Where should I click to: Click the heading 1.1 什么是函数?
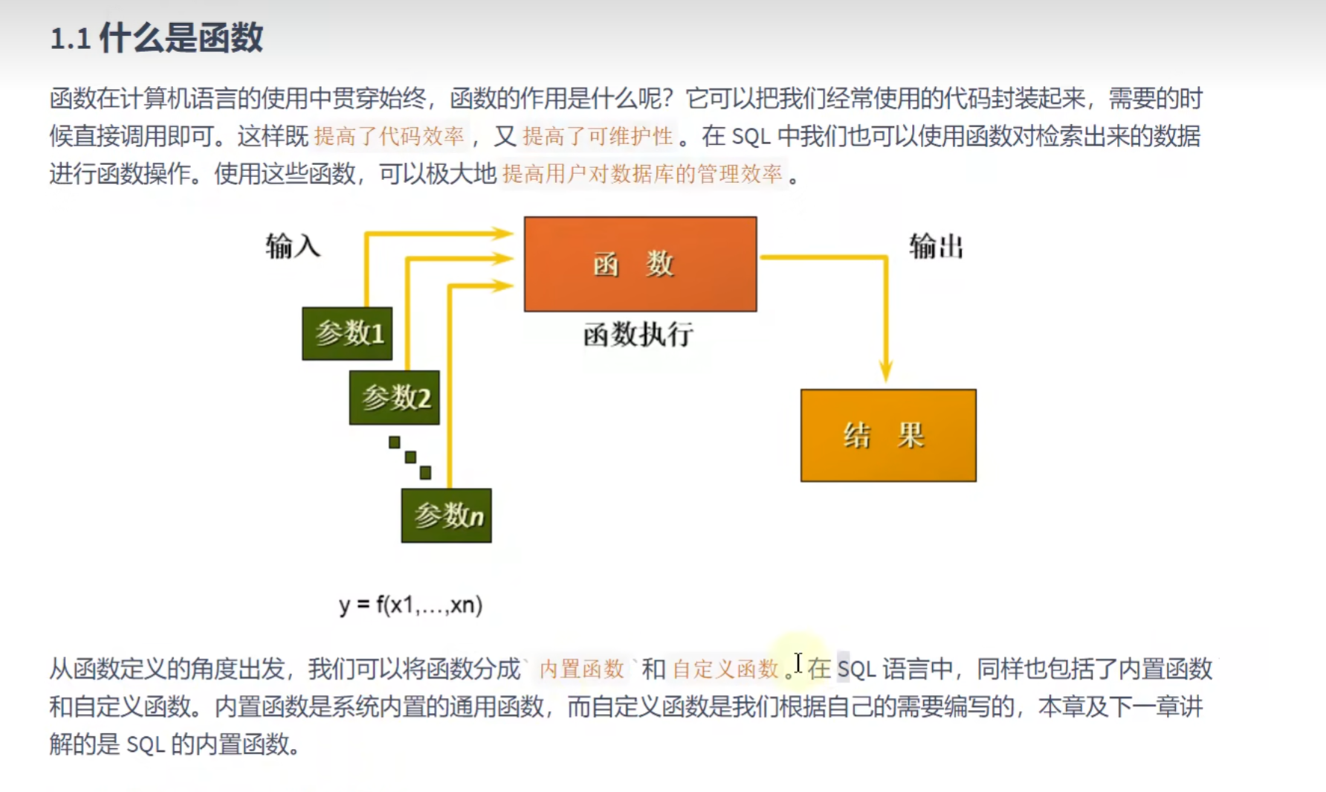point(156,38)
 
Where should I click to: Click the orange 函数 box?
point(640,264)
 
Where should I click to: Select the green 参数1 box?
point(347,333)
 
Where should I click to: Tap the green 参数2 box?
point(395,398)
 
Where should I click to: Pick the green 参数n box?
point(446,515)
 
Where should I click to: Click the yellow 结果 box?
point(888,435)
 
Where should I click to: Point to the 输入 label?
point(293,246)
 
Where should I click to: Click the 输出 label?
point(936,246)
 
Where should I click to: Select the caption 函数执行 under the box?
point(638,335)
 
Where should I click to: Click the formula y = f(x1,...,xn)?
point(410,605)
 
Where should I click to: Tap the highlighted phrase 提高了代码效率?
point(389,136)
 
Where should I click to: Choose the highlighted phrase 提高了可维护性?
point(598,136)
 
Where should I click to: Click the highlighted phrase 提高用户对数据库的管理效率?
point(642,174)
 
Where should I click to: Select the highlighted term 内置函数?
point(581,669)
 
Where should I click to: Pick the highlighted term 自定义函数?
point(725,669)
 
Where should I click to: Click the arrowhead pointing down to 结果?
point(885,372)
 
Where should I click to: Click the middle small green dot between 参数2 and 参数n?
point(410,457)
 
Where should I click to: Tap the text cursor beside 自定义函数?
point(798,663)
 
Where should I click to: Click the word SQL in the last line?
point(145,744)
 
